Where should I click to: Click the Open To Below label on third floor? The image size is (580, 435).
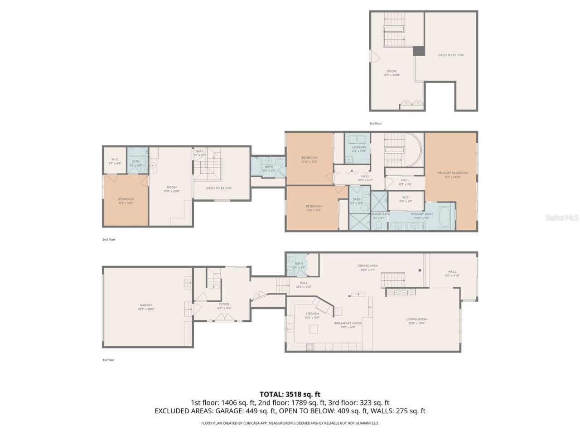(x=450, y=55)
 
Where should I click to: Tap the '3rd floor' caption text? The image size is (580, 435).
(x=376, y=123)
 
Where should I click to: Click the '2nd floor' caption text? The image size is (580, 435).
(x=109, y=239)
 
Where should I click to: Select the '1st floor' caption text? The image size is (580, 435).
(x=108, y=360)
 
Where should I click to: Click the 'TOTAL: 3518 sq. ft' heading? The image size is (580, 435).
(x=290, y=394)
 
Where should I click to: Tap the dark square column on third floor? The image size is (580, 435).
(x=419, y=51)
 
